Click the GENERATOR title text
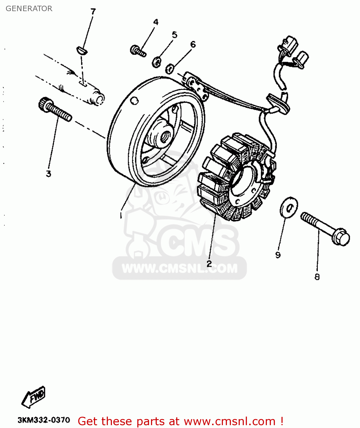click(29, 9)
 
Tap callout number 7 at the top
click(93, 12)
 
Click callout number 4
click(156, 22)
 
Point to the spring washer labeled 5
click(157, 62)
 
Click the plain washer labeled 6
click(170, 69)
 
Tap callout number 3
click(49, 173)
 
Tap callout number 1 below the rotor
click(121, 215)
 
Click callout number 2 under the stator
click(209, 263)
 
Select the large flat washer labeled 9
click(289, 207)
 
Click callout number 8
click(317, 276)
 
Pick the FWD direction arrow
click(34, 397)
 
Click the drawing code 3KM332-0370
click(44, 420)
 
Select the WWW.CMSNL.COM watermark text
click(180, 268)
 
